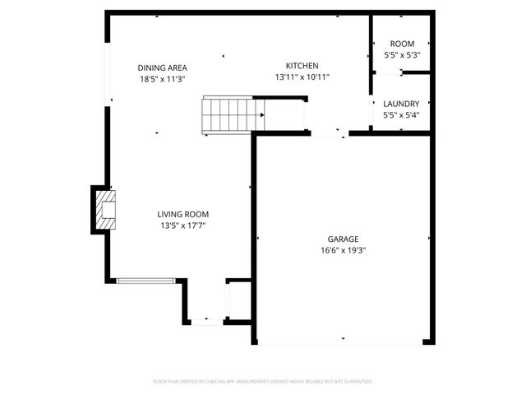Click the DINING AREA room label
point(163,67)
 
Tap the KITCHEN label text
point(302,66)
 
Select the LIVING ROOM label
point(182,214)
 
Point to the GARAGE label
point(343,239)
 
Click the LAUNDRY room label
point(401,104)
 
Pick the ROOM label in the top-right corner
point(402,44)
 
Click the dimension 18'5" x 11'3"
point(163,79)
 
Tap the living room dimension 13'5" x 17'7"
point(182,225)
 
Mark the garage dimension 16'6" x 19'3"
point(343,250)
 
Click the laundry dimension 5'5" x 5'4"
point(401,115)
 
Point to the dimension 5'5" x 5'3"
point(402,55)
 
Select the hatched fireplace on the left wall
point(104,209)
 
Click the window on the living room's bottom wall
point(145,281)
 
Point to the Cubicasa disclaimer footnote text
point(263,382)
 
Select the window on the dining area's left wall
point(106,74)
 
